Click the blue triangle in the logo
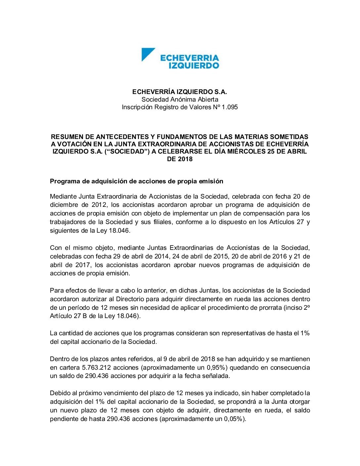[147, 54]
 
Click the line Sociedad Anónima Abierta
[180, 99]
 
